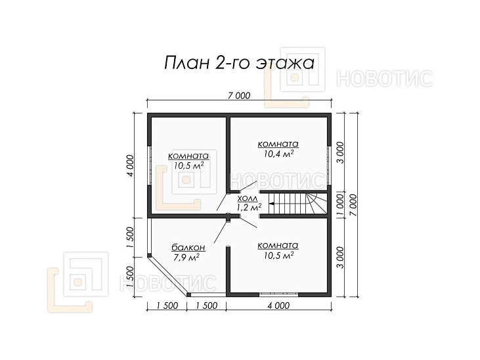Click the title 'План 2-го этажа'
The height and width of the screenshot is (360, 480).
(240, 63)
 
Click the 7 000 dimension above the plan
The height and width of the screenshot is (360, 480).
(239, 96)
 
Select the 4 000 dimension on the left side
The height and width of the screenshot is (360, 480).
(130, 166)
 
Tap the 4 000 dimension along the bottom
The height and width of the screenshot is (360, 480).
(278, 305)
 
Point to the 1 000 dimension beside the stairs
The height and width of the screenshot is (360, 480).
(340, 204)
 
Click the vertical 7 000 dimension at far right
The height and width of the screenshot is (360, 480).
(353, 205)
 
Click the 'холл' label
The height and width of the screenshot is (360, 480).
(248, 198)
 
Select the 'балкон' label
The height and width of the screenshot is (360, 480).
(188, 248)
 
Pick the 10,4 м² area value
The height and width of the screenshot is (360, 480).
(278, 154)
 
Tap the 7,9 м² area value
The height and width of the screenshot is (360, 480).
(186, 258)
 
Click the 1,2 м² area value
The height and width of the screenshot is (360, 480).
(249, 208)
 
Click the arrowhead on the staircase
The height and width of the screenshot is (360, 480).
(272, 203)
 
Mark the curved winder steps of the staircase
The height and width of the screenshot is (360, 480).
(316, 204)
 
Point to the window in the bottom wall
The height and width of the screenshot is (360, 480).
(278, 294)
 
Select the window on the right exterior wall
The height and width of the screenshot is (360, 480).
(329, 165)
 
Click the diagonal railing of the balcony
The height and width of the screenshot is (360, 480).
(168, 277)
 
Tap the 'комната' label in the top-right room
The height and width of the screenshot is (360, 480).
(278, 144)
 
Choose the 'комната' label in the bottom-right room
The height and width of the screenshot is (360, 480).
(278, 246)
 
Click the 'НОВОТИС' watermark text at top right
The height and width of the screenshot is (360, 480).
(385, 78)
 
